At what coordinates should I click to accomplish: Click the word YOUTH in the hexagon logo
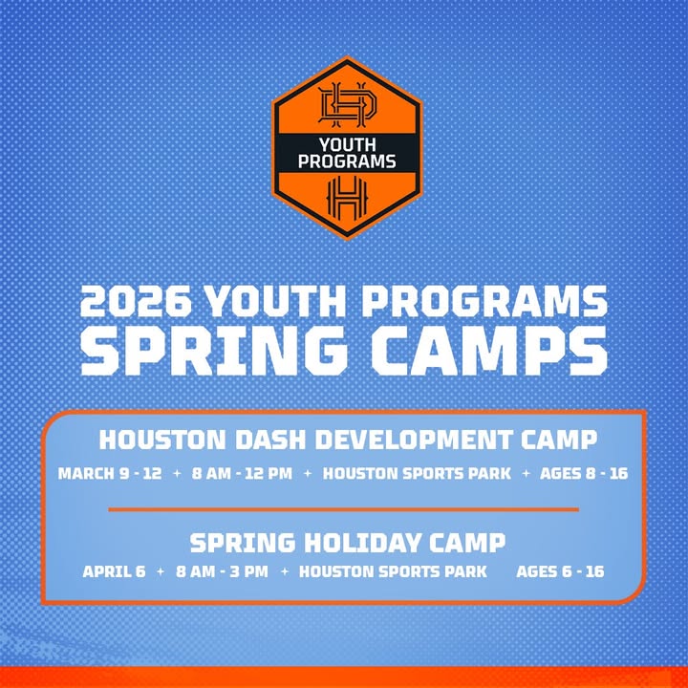346,146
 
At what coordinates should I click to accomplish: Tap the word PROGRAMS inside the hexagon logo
346,162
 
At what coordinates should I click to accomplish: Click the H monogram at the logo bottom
346,197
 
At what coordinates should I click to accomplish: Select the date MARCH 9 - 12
110,473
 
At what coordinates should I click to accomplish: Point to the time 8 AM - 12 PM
242,473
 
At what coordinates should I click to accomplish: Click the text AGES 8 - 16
584,473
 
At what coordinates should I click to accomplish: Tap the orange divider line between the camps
343,509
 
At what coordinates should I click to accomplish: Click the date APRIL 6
114,572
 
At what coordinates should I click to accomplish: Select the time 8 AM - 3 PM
219,572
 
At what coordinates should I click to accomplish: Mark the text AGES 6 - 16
560,572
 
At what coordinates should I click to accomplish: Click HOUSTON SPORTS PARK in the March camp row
417,473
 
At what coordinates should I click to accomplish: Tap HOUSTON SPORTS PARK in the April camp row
393,572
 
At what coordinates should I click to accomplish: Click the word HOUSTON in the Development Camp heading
156,441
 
